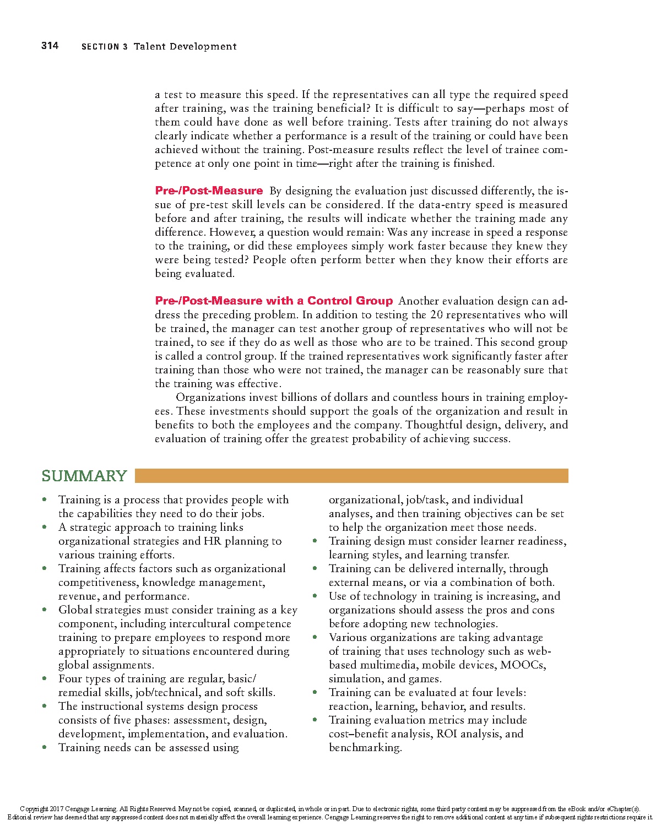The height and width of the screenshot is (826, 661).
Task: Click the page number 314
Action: pyautogui.click(x=50, y=46)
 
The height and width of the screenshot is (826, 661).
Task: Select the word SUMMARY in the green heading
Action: pyautogui.click(x=84, y=476)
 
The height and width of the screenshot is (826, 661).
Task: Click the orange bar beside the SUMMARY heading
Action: pyautogui.click(x=351, y=476)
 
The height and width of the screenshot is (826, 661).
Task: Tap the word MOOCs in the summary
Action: pyautogui.click(x=523, y=665)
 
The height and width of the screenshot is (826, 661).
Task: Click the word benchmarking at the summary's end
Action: pyautogui.click(x=365, y=748)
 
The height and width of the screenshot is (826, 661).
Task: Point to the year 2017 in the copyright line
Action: pyautogui.click(x=57, y=809)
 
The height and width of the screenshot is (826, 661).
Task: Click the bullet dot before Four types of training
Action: pyautogui.click(x=45, y=679)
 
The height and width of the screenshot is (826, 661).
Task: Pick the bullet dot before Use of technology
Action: pyautogui.click(x=315, y=596)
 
